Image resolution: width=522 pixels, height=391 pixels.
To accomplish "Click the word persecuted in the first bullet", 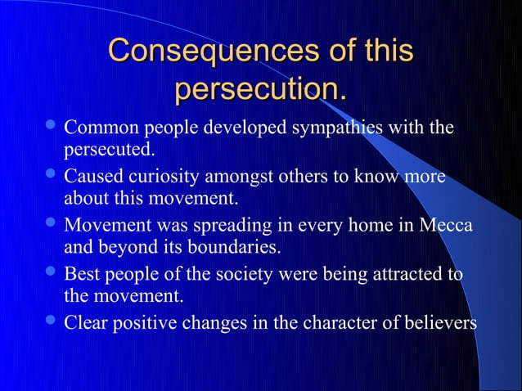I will (x=108, y=151).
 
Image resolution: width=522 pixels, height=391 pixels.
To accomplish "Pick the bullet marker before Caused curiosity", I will (x=52, y=177).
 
